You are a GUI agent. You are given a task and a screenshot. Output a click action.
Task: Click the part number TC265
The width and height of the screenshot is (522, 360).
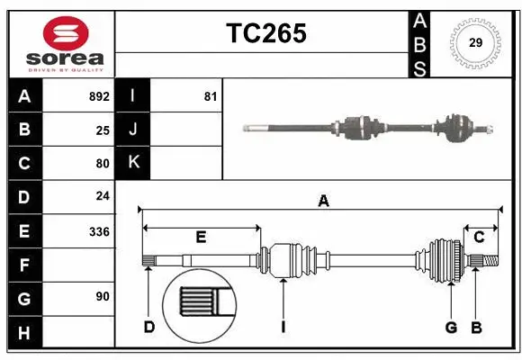coord(265,32)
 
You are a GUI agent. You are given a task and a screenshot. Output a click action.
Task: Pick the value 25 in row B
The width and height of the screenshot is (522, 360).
coord(103,130)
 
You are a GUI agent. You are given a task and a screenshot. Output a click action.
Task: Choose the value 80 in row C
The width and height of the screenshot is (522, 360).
coord(103,164)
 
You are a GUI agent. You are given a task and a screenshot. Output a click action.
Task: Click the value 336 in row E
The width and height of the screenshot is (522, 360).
coord(99,231)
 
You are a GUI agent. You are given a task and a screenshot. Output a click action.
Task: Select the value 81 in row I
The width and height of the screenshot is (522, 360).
coord(210,95)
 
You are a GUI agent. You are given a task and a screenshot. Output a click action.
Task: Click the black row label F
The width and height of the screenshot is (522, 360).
coord(24,265)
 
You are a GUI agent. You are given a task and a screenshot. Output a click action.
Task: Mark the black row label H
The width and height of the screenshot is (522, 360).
coord(24,333)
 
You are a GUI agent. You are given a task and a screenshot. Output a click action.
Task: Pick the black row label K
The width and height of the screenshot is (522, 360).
coord(133,163)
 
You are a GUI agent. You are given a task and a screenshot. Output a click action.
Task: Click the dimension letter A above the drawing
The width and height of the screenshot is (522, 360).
coord(322,202)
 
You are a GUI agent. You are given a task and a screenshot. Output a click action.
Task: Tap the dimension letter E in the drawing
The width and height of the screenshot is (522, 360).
coord(201,238)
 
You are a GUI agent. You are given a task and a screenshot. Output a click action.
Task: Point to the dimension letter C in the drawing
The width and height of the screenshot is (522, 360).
coord(479,238)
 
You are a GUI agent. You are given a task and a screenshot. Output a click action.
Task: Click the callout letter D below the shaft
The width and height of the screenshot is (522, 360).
coord(149,327)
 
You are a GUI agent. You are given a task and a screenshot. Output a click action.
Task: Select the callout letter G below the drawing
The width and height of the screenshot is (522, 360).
coord(451,327)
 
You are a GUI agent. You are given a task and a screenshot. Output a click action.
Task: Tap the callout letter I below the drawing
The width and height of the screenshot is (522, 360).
coord(283,327)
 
